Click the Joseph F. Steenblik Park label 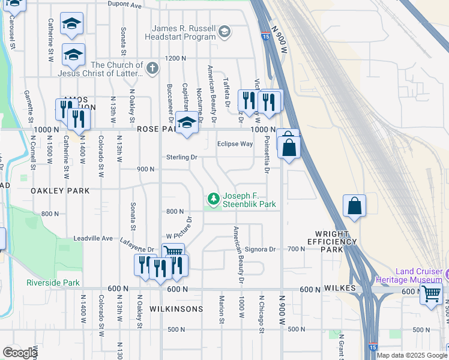tap(249, 200)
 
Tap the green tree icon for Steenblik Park tap(212, 197)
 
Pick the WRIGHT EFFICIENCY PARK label tap(336, 241)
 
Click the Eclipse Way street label tap(235, 144)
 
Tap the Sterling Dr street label tap(181, 157)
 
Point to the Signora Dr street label tap(259, 249)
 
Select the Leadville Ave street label tap(93, 238)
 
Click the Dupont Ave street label tap(124, 4)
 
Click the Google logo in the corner tap(20, 353)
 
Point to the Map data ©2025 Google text tap(411, 355)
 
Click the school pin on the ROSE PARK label tap(187, 125)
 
